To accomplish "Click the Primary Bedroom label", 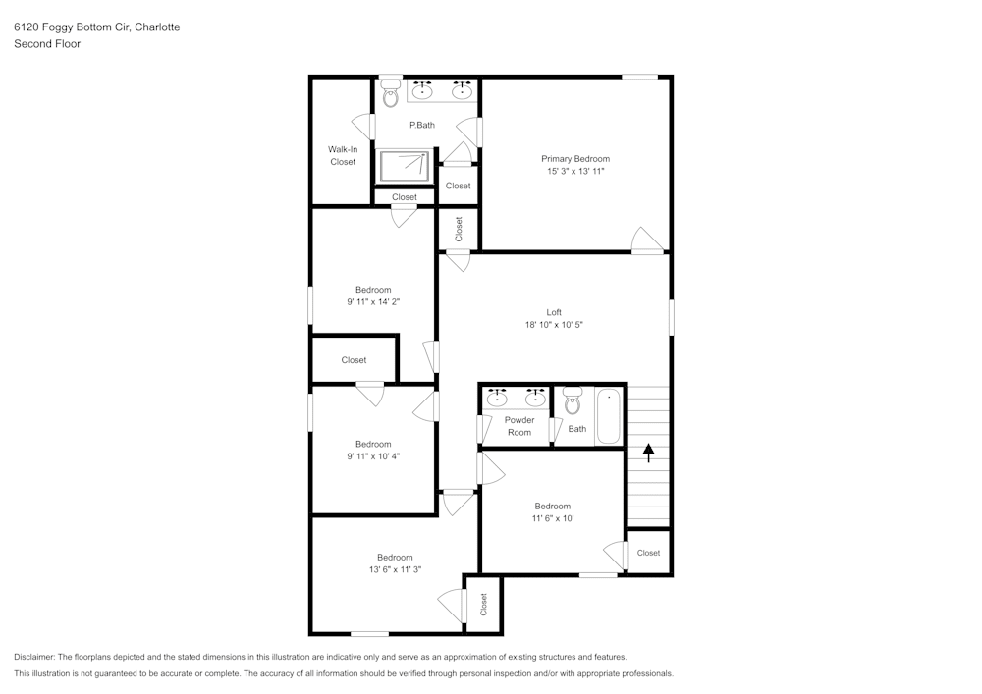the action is (x=574, y=159).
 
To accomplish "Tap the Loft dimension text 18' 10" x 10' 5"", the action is (x=554, y=325).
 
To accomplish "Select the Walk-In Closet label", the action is (x=343, y=155).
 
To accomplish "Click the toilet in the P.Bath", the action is (x=391, y=94).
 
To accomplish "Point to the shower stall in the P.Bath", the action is (x=405, y=166).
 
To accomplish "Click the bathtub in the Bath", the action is (x=608, y=416).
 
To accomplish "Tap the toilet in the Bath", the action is (x=573, y=401).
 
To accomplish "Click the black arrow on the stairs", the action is (x=649, y=453).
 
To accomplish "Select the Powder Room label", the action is (x=519, y=426).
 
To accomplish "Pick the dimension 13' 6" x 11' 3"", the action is (x=395, y=569).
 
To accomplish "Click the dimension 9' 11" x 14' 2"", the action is (x=373, y=301).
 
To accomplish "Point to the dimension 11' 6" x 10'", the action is (x=552, y=518).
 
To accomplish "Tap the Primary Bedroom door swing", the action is (x=647, y=240).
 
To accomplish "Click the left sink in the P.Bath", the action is (x=423, y=90).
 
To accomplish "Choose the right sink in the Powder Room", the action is (x=535, y=398).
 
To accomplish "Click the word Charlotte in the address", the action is (x=157, y=27).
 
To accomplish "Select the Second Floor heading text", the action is (x=47, y=44).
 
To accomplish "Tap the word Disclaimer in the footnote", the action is (x=34, y=657).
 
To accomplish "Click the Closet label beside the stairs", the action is (x=648, y=553).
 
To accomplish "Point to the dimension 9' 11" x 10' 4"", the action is (x=373, y=456).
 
